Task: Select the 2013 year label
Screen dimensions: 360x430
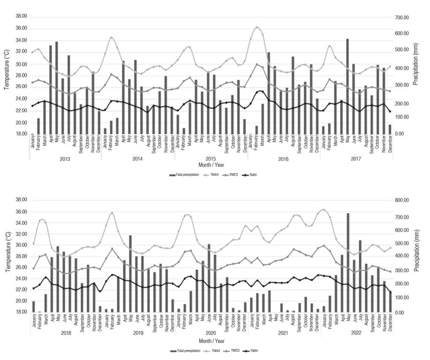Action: coord(65,160)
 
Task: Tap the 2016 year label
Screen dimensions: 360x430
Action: coord(283,160)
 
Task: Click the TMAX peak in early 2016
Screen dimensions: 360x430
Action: coord(257,27)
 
